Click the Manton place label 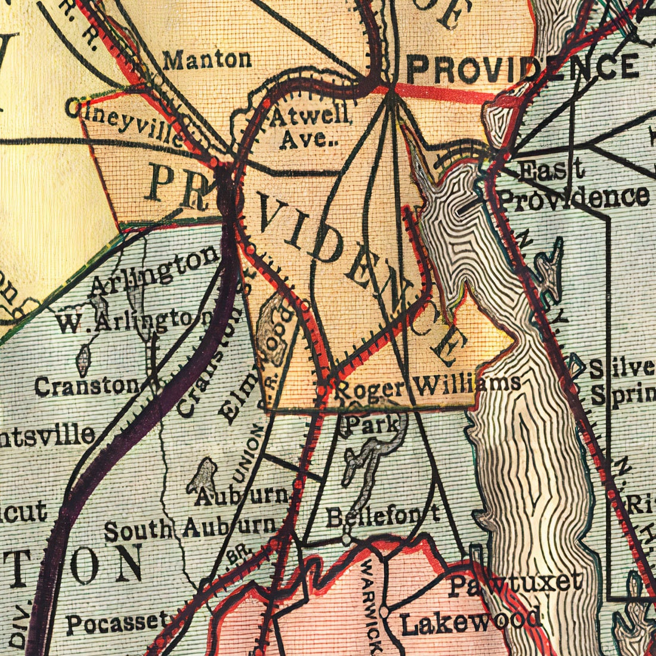[207, 59]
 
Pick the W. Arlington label [134, 321]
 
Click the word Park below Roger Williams [372, 425]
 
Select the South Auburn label [191, 527]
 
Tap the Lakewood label [471, 621]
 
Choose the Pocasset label [117, 623]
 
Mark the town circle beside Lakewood [385, 612]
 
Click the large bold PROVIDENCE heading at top [522, 68]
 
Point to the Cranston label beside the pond [86, 386]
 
